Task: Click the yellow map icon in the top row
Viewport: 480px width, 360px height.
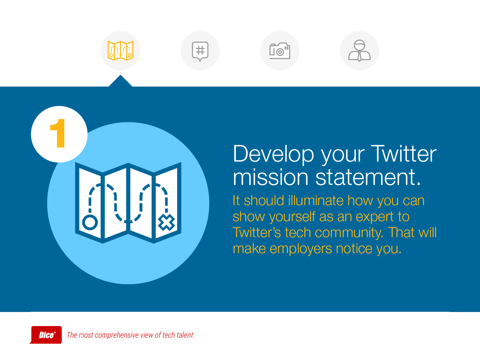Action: coord(121,51)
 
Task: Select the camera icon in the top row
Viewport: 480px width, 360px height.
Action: coord(280,51)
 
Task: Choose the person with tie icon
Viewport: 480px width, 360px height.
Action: coord(359,51)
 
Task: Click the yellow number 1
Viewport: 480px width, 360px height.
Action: coord(58,133)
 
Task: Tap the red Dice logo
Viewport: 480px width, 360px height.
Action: coord(46,335)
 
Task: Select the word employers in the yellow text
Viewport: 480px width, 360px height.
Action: coord(301,249)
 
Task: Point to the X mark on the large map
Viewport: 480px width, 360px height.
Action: coord(166,222)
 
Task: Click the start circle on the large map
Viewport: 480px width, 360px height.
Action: coord(90,222)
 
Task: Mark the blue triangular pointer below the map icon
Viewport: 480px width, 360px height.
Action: coord(120,81)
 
